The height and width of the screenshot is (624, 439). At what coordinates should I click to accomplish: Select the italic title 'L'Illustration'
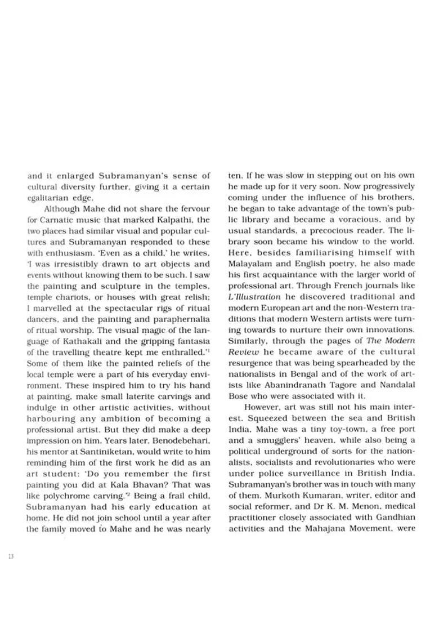(254, 297)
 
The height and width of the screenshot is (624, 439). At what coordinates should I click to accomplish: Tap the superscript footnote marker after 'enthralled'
(208, 350)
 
